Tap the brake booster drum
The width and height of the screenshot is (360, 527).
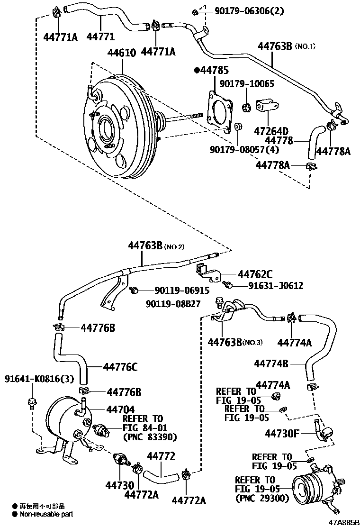[121, 128]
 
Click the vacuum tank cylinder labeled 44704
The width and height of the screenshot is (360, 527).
[64, 422]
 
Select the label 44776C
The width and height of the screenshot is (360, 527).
[120, 366]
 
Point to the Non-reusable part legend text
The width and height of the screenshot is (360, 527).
[46, 514]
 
